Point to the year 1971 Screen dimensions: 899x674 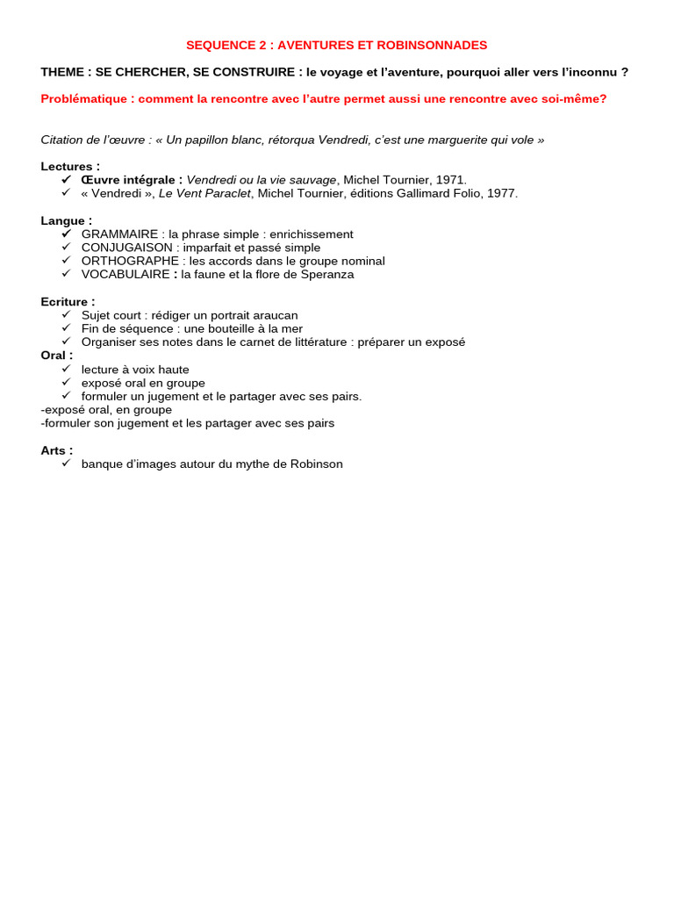[x=449, y=180]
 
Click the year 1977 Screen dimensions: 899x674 [x=501, y=193]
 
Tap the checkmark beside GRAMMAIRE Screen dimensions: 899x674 [x=66, y=234]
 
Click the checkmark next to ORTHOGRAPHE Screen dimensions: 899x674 [x=66, y=261]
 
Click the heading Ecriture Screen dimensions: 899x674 [x=66, y=302]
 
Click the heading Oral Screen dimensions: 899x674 [x=55, y=356]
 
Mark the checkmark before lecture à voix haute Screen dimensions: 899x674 [x=66, y=369]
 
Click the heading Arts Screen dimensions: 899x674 [x=54, y=450]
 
